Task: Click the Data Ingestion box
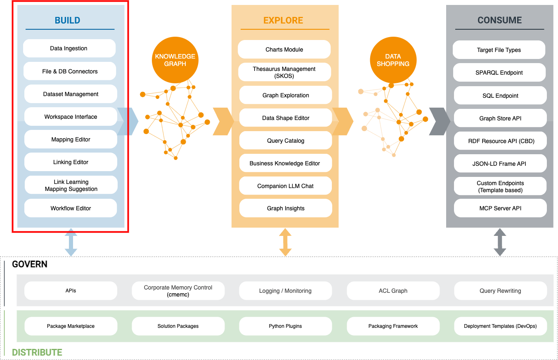(x=69, y=48)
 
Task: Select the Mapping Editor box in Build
(x=71, y=139)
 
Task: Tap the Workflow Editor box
(x=71, y=208)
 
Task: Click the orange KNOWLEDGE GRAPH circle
(x=175, y=60)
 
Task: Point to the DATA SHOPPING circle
(x=393, y=60)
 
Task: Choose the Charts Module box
(x=284, y=49)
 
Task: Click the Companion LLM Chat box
(x=286, y=186)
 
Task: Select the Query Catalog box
(x=286, y=141)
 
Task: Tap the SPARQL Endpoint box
(x=499, y=73)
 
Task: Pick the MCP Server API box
(x=500, y=208)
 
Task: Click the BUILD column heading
(x=68, y=20)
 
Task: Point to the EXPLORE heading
(x=283, y=20)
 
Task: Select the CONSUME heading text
(x=499, y=20)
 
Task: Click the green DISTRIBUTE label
(x=37, y=352)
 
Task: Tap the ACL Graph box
(x=393, y=291)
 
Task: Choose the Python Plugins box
(x=286, y=326)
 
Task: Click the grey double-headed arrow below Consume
(x=500, y=242)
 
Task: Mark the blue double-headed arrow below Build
(x=71, y=242)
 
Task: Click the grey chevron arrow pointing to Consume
(x=440, y=122)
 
